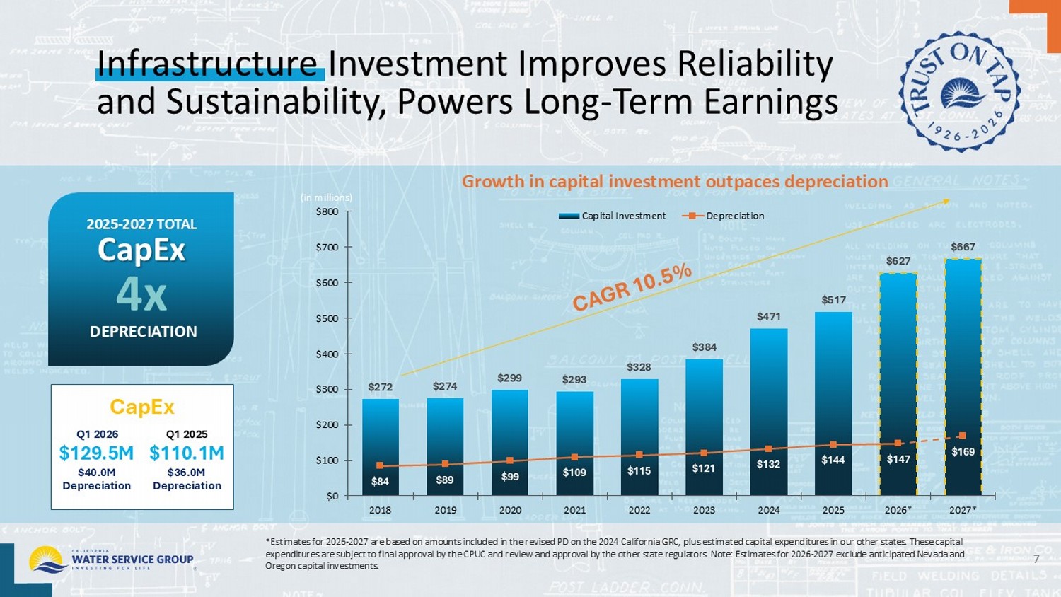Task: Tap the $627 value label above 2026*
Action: (x=898, y=261)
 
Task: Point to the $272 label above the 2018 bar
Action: (x=380, y=387)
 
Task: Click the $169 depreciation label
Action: (x=963, y=451)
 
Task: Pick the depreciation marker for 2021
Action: (x=574, y=457)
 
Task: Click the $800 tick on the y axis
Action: (x=326, y=211)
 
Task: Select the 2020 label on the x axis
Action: (x=510, y=510)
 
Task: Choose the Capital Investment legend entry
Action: (x=613, y=216)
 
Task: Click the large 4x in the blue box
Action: (x=141, y=294)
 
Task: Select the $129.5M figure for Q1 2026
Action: (x=96, y=453)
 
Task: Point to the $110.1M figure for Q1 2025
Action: (x=187, y=453)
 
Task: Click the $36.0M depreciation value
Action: (x=186, y=473)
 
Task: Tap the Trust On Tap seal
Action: (x=959, y=91)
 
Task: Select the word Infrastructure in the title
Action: (x=207, y=64)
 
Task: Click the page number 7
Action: (x=1036, y=560)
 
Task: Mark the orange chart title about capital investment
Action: (x=675, y=182)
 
